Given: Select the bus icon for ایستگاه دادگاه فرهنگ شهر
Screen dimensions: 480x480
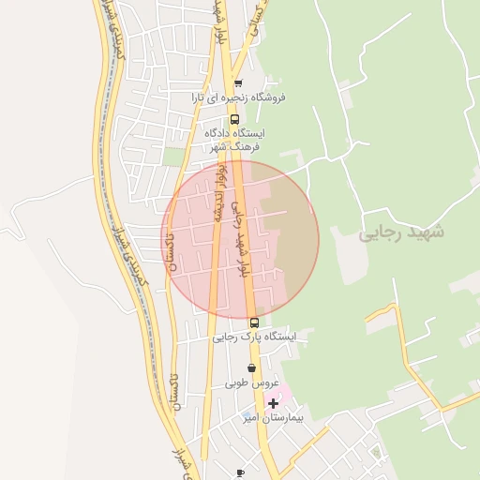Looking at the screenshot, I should pos(234,119).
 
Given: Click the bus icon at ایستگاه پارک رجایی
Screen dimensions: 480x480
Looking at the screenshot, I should pos(254,322).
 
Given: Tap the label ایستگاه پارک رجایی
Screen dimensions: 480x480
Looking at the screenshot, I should pos(253,336).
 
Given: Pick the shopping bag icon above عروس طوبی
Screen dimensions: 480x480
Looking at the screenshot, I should pos(251,369).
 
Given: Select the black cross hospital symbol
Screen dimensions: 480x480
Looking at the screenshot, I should pos(273,403).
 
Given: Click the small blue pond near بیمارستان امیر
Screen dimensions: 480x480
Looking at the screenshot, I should pos(247,416).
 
